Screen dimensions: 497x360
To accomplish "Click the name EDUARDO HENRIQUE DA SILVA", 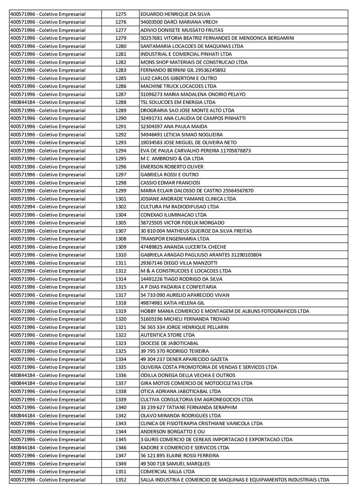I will pyautogui.click(x=175, y=14).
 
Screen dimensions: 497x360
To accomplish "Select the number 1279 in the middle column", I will pyautogui.click(x=121, y=38).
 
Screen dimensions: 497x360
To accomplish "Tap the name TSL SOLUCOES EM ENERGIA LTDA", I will pyautogui.click(x=178, y=102).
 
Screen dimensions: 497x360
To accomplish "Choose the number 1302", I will pyautogui.click(x=121, y=207).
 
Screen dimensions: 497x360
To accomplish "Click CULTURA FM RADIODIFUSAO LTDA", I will pyautogui.click(x=180, y=207).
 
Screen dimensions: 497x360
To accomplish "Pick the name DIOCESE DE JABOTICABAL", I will pyautogui.click(x=169, y=343).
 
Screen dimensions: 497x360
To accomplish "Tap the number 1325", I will pyautogui.click(x=121, y=351).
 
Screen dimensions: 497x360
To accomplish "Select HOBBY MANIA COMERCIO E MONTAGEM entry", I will pyautogui.click(x=224, y=311).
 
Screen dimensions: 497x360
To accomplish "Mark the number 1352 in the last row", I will pyautogui.click(x=121, y=480).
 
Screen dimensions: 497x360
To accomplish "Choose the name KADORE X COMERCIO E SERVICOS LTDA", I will pyautogui.click(x=184, y=447).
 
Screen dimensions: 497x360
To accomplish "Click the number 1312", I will pyautogui.click(x=121, y=271).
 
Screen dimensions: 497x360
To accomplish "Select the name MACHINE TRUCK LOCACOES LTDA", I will pyautogui.click(x=178, y=86).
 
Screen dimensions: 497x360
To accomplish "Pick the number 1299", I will pyautogui.click(x=121, y=191).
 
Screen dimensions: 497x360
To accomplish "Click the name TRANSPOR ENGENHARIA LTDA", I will pyautogui.click(x=175, y=239).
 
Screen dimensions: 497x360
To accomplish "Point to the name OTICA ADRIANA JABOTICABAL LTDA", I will pyautogui.click(x=180, y=391).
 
